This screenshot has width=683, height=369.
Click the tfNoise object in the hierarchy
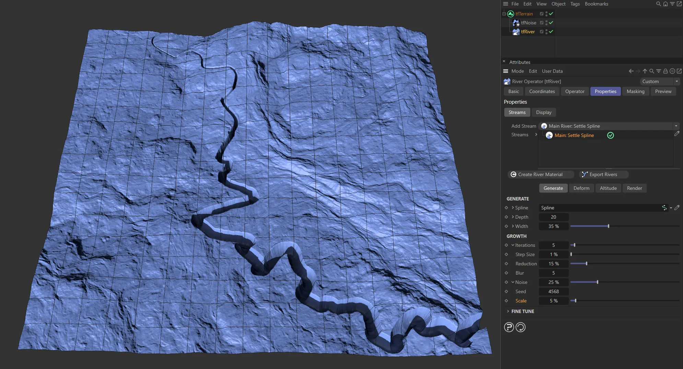[x=528, y=23]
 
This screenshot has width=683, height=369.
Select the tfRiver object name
[x=528, y=32]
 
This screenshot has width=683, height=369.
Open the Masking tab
[x=635, y=91]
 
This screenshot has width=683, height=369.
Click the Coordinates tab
[x=542, y=91]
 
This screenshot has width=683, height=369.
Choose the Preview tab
[x=663, y=91]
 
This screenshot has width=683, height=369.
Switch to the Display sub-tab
[x=544, y=112]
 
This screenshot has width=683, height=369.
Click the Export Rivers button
[x=603, y=174]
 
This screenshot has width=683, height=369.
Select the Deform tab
[x=581, y=188]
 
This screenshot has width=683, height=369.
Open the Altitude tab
[x=608, y=188]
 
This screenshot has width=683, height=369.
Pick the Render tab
[x=634, y=188]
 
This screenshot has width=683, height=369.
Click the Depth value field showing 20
[x=553, y=217]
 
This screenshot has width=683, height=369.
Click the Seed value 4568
[x=553, y=291]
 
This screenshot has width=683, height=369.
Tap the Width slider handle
[x=609, y=226]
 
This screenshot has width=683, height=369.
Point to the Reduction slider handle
[x=587, y=264]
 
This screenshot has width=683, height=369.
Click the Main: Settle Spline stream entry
[x=574, y=135]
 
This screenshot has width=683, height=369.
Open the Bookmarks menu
[x=596, y=4]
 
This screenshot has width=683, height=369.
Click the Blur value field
[x=553, y=273]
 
